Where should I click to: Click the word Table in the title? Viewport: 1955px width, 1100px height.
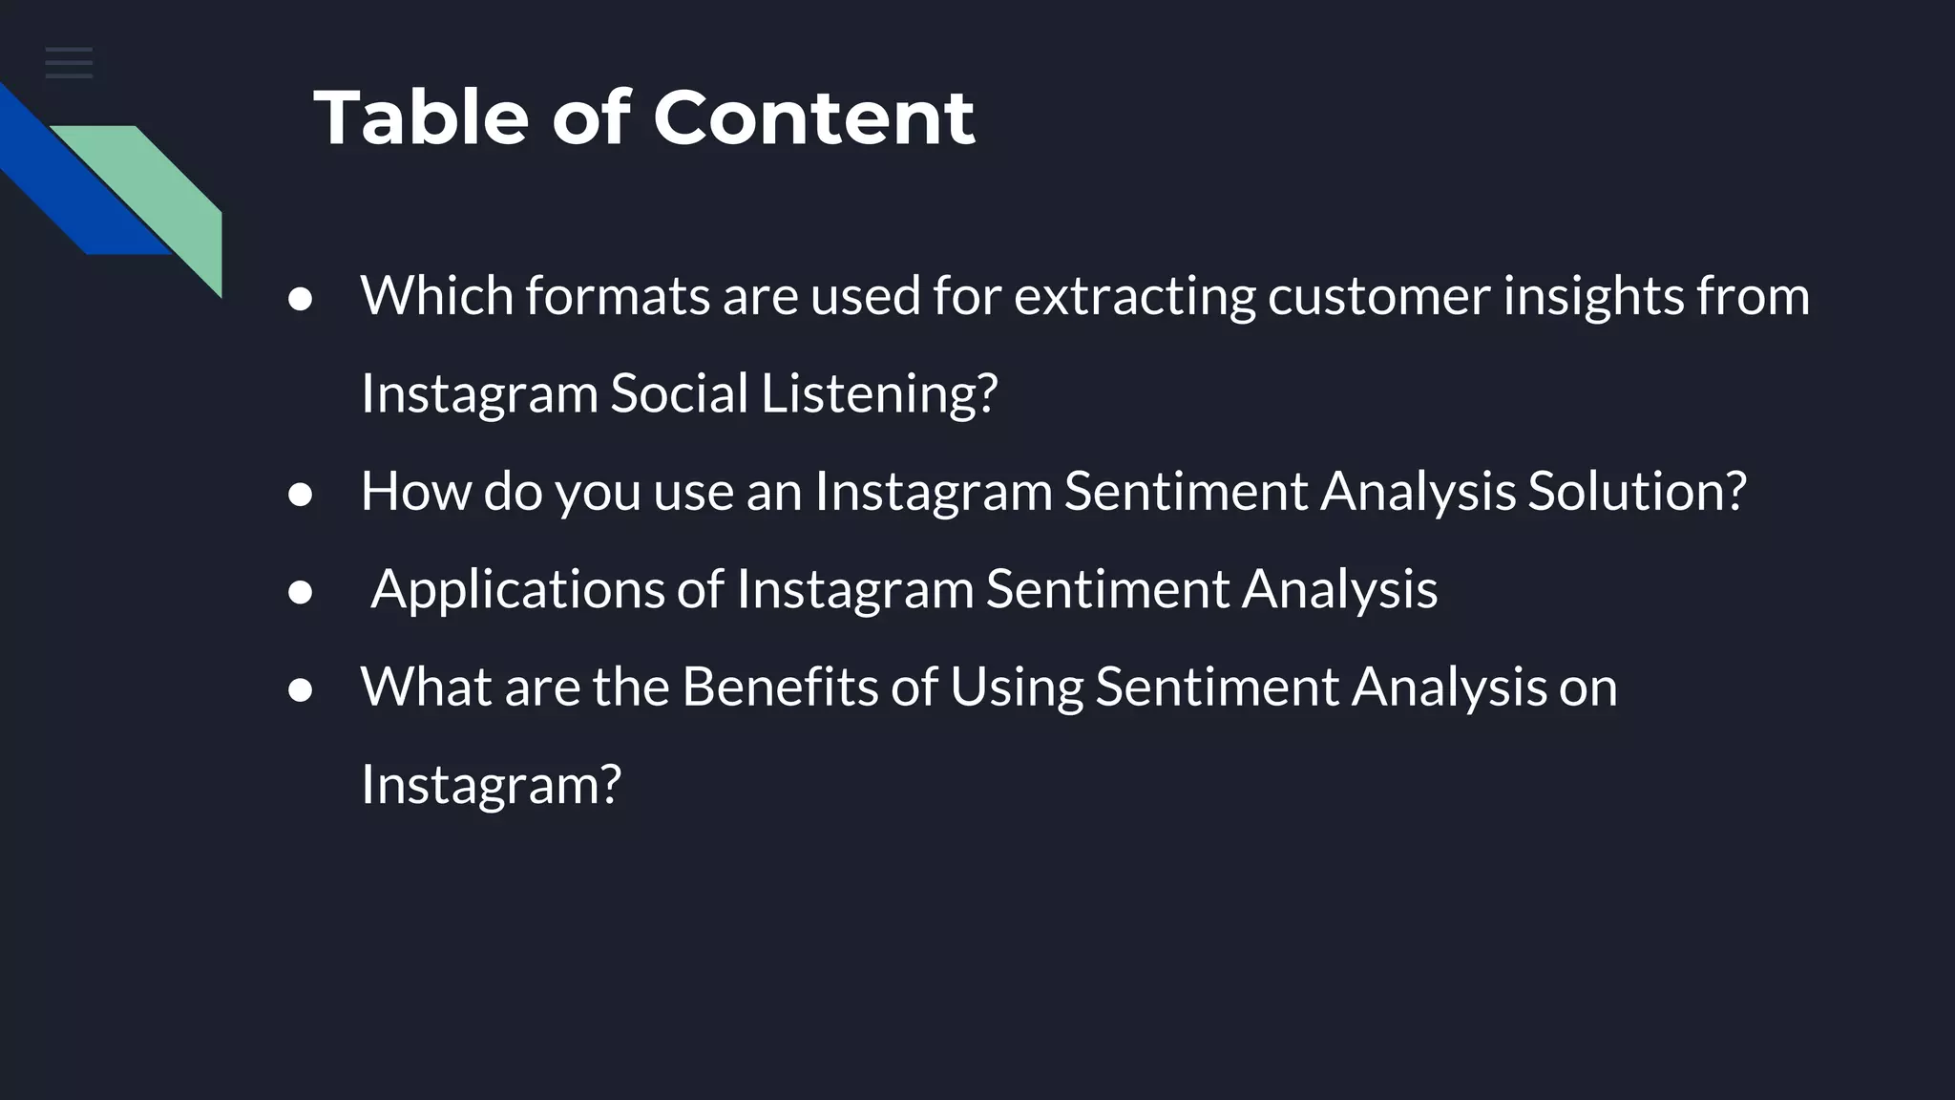(x=421, y=118)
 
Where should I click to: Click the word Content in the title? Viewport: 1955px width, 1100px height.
(x=813, y=118)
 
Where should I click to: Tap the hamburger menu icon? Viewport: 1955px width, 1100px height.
(x=69, y=63)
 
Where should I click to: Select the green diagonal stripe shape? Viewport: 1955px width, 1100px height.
(x=162, y=191)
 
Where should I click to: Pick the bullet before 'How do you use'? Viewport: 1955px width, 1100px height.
(x=301, y=495)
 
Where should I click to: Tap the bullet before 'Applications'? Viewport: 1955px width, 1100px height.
(x=301, y=592)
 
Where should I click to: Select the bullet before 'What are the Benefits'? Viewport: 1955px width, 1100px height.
(x=301, y=689)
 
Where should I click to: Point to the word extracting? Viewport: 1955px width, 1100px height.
(x=1134, y=296)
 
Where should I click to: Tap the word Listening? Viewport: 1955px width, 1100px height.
(x=878, y=393)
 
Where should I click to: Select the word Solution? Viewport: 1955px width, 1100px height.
(x=1636, y=491)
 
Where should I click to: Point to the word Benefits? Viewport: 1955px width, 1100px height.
(x=779, y=687)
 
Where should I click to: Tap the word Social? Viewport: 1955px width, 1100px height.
(x=679, y=393)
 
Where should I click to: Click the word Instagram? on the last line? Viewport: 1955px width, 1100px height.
(x=491, y=785)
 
